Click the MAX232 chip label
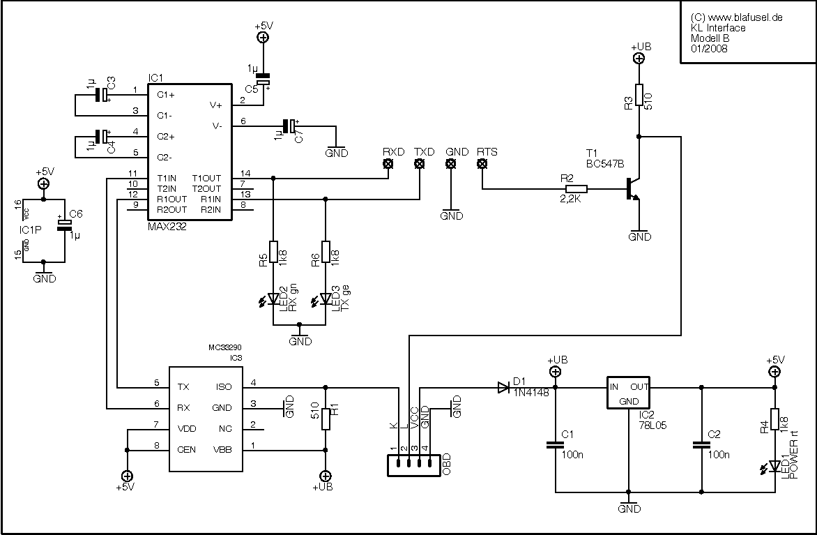(x=167, y=227)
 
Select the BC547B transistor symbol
(x=632, y=189)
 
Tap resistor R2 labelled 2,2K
(x=577, y=188)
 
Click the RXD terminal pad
(x=388, y=164)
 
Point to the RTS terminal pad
(x=482, y=164)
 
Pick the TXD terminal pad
(x=420, y=164)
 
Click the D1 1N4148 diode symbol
(x=503, y=387)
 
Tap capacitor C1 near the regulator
(x=555, y=444)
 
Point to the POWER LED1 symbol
(x=773, y=465)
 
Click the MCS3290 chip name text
(x=225, y=347)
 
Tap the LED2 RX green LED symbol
(x=273, y=299)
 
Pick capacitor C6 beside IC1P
(x=65, y=224)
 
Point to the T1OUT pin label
(x=206, y=178)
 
